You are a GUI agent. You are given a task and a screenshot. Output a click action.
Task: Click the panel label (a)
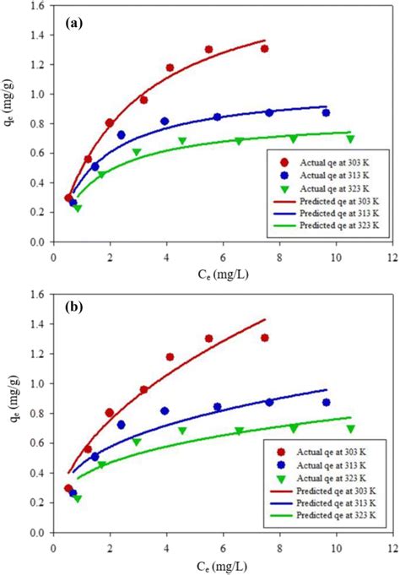tap(74, 24)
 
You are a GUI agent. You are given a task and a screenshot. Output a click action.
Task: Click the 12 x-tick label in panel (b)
tap(391, 544)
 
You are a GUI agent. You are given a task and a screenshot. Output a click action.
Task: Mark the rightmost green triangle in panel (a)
tap(350, 139)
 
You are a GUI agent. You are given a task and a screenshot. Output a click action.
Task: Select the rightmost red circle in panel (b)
tap(264, 338)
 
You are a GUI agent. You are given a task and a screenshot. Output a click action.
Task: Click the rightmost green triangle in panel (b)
tap(350, 429)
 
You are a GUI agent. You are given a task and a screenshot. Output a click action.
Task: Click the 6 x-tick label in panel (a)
tap(223, 256)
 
